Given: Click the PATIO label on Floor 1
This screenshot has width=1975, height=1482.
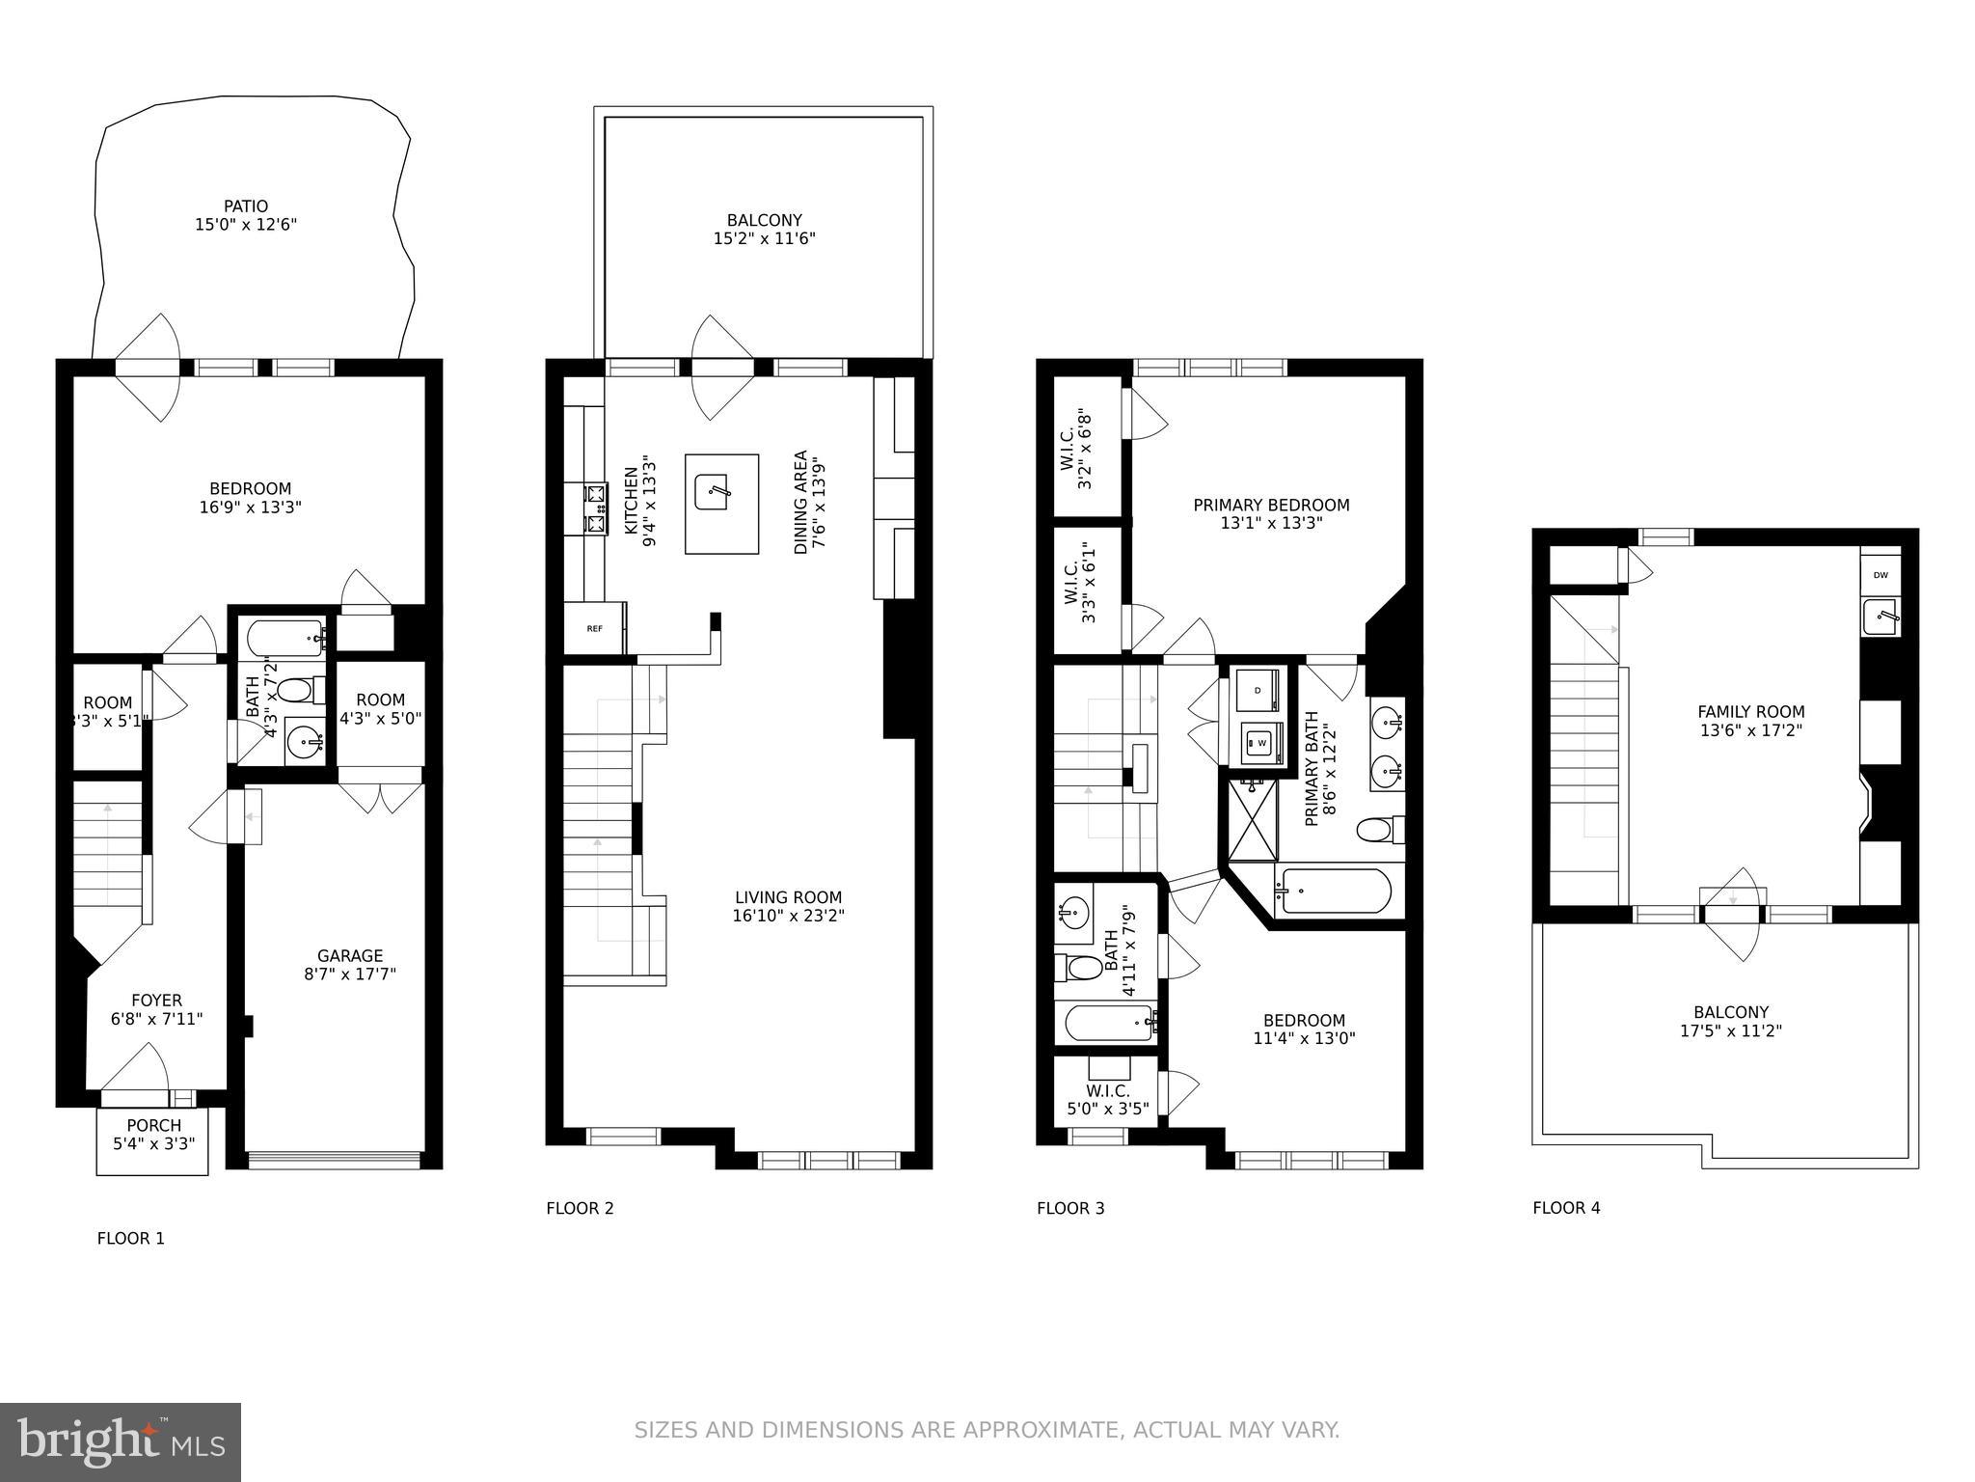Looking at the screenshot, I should pyautogui.click(x=245, y=206).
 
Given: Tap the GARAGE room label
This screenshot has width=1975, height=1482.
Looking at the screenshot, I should pyautogui.click(x=350, y=956).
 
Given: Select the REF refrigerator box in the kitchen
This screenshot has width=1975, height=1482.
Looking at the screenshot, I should pyautogui.click(x=595, y=628).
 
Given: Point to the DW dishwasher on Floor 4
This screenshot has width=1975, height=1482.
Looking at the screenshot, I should pyautogui.click(x=1880, y=575).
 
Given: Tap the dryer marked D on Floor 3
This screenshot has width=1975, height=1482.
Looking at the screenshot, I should pyautogui.click(x=1258, y=690).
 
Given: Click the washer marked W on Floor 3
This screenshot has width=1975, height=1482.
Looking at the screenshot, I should pyautogui.click(x=1261, y=743).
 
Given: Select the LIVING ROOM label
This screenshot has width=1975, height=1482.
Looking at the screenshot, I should pyautogui.click(x=788, y=897).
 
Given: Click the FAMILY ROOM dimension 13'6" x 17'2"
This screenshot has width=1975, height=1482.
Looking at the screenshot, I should pyautogui.click(x=1750, y=730).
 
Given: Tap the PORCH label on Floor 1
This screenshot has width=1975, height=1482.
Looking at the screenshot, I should pyautogui.click(x=153, y=1125).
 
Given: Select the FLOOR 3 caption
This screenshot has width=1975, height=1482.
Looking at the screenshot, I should pyautogui.click(x=1069, y=1208).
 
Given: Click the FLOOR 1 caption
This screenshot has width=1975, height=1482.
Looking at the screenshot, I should pyautogui.click(x=130, y=1238).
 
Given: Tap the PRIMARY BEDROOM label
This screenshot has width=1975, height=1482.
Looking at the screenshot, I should pyautogui.click(x=1270, y=506).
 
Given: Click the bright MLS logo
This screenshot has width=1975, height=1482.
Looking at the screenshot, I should pyautogui.click(x=121, y=1442).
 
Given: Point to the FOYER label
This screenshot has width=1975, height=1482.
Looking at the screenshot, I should pyautogui.click(x=156, y=1001).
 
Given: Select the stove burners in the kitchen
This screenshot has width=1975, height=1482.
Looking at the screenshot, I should pyautogui.click(x=596, y=509).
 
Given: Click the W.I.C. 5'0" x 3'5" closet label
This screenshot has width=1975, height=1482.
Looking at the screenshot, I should pyautogui.click(x=1107, y=1100).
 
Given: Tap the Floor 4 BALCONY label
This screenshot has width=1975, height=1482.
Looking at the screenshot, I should pyautogui.click(x=1730, y=1012).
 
